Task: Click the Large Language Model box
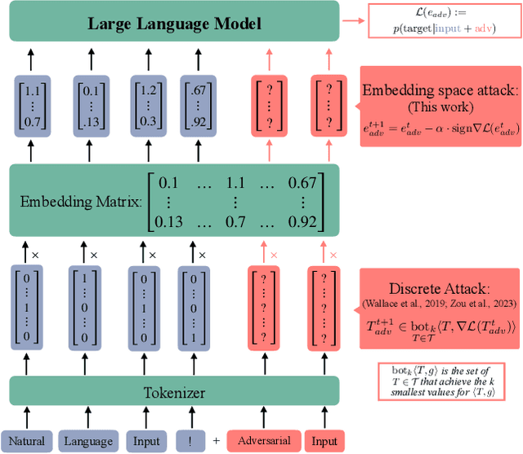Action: coord(174,23)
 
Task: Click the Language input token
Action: coord(88,441)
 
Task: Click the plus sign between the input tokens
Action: coord(217,441)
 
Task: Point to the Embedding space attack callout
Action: coord(439,106)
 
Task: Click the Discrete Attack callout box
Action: coord(440,305)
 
